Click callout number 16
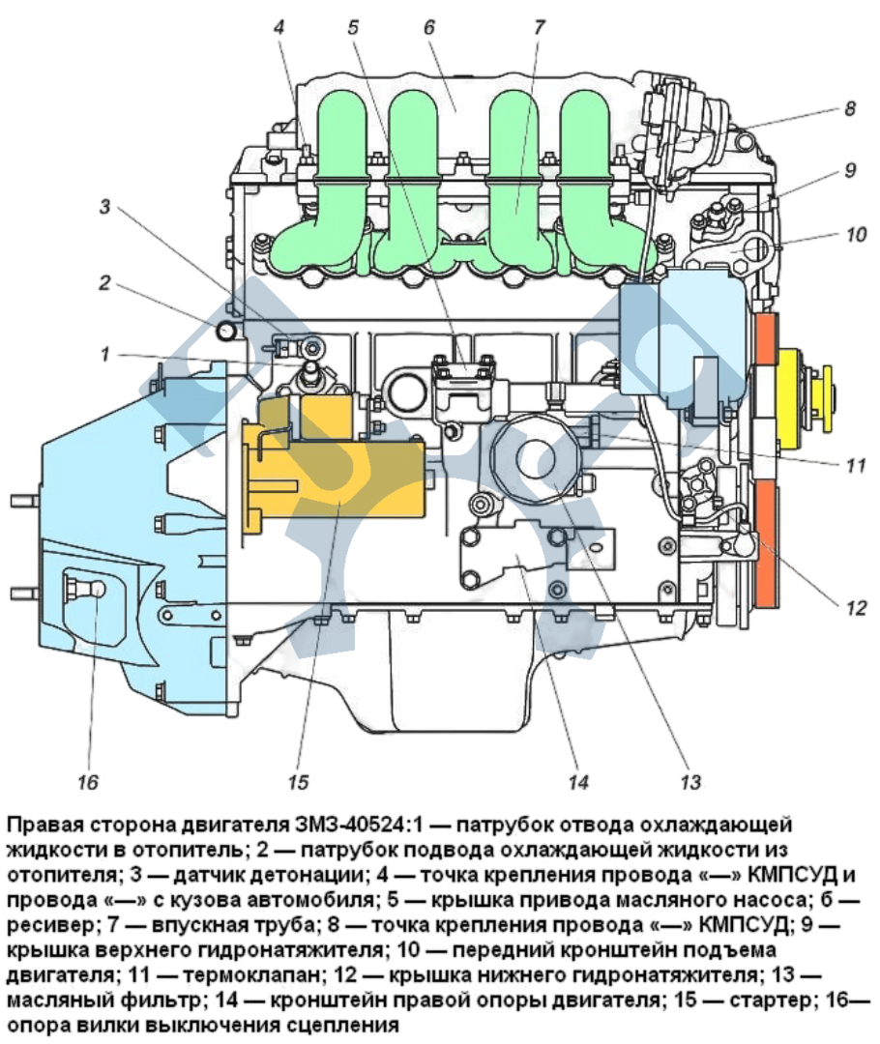click(x=88, y=780)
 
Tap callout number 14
click(x=577, y=780)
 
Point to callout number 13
click(x=689, y=780)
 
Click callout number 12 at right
click(x=856, y=608)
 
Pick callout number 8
click(x=849, y=109)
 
